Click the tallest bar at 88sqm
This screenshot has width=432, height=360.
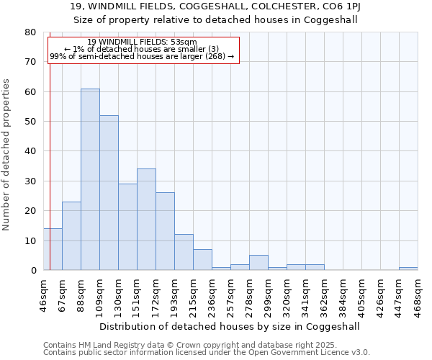90,179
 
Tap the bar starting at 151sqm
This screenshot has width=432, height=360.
146,220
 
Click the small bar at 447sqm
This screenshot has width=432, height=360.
408,269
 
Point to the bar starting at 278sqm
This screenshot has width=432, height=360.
258,263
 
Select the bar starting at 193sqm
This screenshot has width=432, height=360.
184,252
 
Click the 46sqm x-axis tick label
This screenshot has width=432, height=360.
43,293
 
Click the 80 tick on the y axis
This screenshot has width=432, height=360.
30,32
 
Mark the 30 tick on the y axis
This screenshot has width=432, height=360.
30,181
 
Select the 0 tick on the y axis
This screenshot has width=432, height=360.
33,270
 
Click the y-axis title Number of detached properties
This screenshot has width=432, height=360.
8,154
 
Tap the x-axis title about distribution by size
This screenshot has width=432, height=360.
229,326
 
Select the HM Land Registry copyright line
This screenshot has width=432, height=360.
205,345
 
